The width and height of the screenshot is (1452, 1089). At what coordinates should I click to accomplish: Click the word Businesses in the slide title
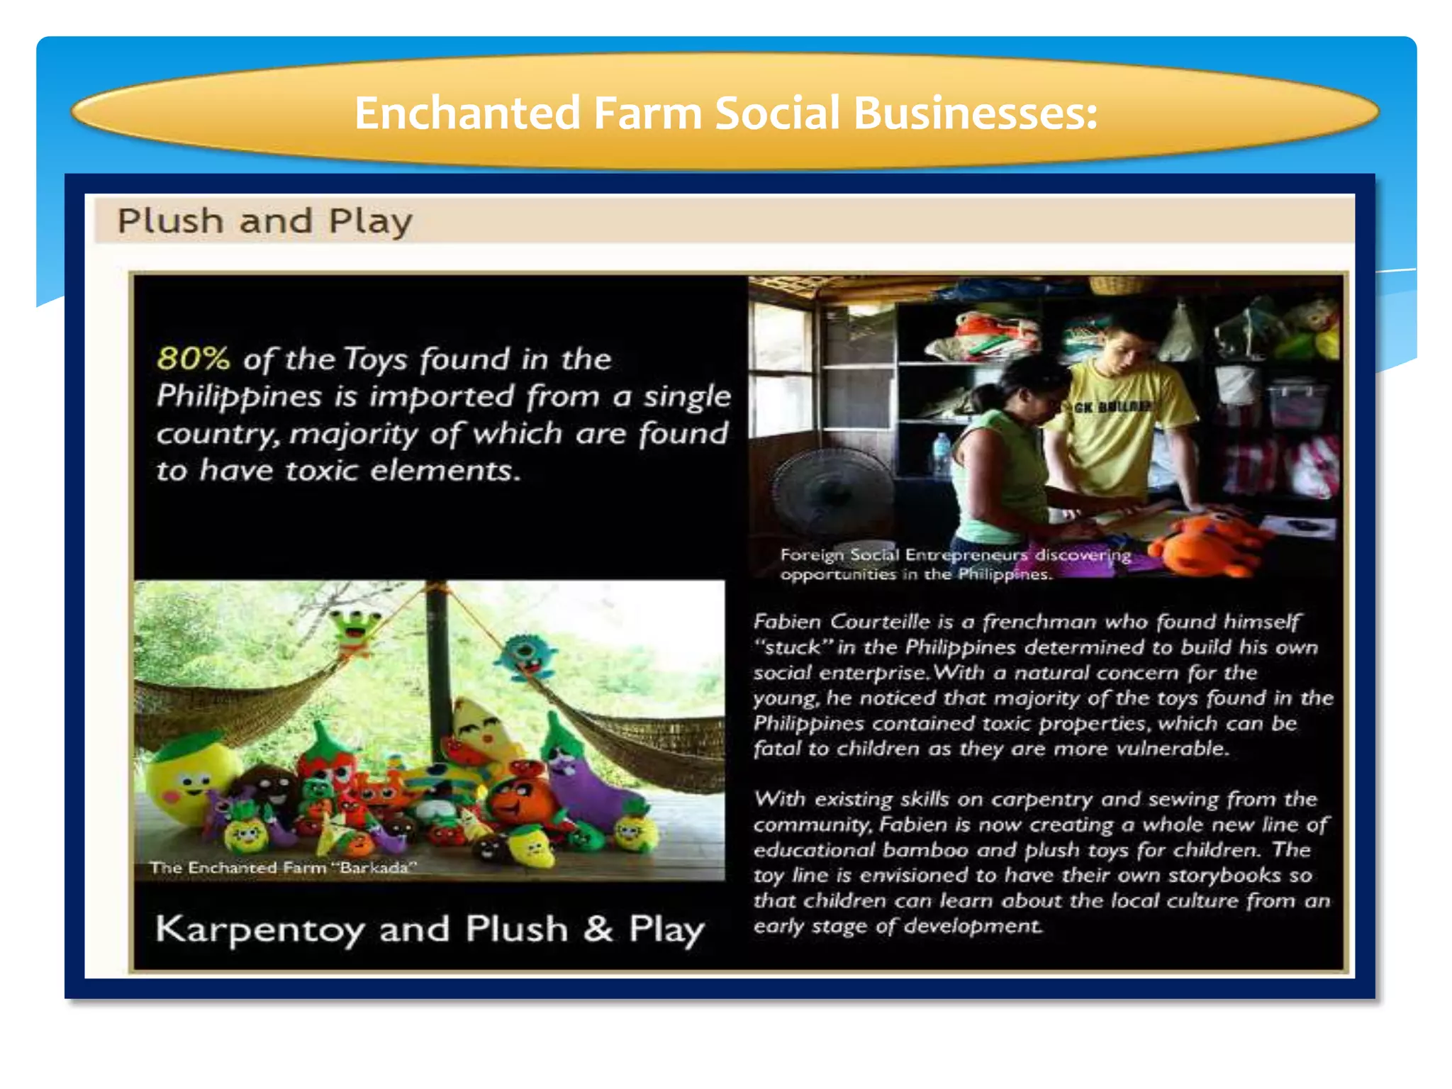975,113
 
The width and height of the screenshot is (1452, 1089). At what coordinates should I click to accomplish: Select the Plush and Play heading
264,221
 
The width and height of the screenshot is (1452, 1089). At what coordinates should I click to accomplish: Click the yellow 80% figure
193,359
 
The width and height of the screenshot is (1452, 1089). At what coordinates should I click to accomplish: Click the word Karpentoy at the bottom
259,929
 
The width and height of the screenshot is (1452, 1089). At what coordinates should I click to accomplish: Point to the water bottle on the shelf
942,454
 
